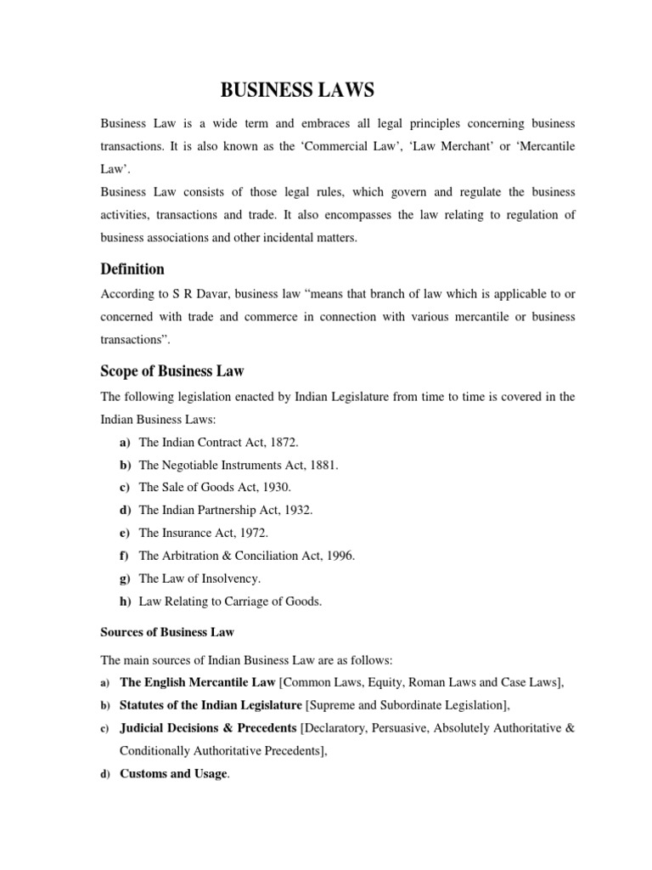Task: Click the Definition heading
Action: coord(132,269)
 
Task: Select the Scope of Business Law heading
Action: coord(172,371)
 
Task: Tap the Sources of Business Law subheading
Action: coord(167,632)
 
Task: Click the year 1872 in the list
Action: coord(282,443)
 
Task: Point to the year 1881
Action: coord(322,466)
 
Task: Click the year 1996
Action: coord(338,556)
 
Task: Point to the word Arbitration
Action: coord(192,556)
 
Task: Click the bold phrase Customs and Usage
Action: coord(174,774)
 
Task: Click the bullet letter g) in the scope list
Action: coord(124,579)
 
